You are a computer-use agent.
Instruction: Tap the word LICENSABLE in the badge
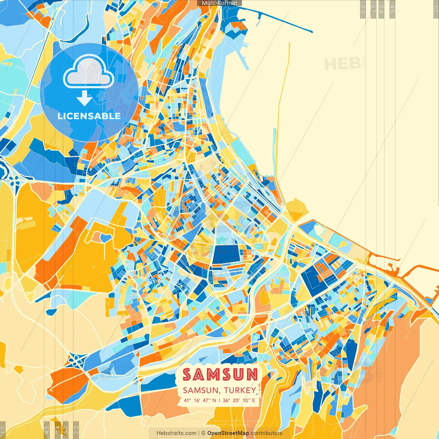(x=89, y=116)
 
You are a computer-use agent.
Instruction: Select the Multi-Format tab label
(x=219, y=3)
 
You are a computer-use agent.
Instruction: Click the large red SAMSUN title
(x=220, y=375)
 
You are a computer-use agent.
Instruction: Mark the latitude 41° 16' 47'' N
(x=200, y=400)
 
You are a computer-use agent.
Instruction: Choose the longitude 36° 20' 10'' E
(x=239, y=400)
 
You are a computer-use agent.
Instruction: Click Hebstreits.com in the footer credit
(x=177, y=433)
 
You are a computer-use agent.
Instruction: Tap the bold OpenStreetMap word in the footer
(x=228, y=433)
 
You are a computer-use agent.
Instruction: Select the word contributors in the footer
(x=266, y=433)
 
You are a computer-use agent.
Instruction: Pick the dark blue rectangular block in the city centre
(x=225, y=254)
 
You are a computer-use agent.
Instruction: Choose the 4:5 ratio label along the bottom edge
(x=47, y=430)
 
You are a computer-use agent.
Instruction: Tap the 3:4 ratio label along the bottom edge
(x=58, y=430)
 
